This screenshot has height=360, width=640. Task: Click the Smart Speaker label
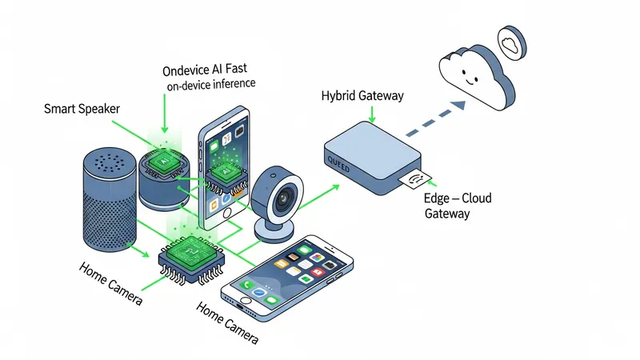[x=82, y=109]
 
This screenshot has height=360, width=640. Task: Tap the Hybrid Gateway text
[x=362, y=96]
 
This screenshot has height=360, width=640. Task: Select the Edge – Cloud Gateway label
[x=458, y=206]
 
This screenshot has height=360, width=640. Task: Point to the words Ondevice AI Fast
[x=205, y=70]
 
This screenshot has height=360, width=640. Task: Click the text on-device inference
[x=211, y=85]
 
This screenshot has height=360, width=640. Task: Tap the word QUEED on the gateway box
[x=338, y=165]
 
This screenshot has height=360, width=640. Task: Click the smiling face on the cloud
[x=470, y=77]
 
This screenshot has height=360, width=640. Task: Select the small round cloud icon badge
[x=512, y=43]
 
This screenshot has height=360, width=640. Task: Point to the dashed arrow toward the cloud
[x=435, y=118]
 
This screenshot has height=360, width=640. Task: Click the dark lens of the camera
[x=282, y=199]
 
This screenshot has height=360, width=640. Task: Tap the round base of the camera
[x=274, y=231]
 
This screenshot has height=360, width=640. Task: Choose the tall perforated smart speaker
[x=110, y=199]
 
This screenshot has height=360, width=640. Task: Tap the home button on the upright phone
[x=227, y=213]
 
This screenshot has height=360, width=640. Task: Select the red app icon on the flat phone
[x=317, y=272]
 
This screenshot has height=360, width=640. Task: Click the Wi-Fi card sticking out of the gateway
[x=414, y=178]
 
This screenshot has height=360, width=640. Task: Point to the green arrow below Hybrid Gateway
[x=372, y=114]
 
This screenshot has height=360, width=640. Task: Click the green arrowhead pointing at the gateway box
[x=335, y=187]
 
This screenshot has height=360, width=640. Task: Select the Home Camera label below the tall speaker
[x=110, y=283]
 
